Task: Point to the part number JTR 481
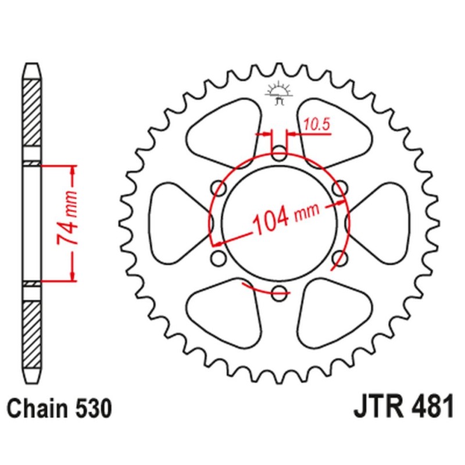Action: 403,409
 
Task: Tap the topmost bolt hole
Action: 280,155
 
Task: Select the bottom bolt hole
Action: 280,293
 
